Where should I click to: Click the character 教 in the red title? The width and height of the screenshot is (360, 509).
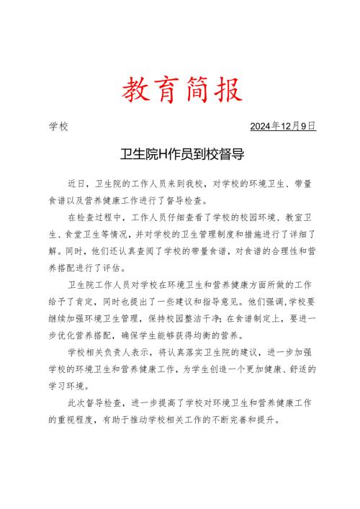point(135,91)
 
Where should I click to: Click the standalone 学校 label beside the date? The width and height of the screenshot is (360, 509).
point(58,126)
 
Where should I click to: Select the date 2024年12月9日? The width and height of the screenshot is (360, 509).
point(283,126)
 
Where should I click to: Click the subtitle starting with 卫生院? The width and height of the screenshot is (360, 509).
point(180,153)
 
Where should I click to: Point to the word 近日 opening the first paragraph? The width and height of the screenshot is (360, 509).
point(77,184)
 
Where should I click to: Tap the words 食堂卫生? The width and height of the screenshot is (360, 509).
point(89,233)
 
